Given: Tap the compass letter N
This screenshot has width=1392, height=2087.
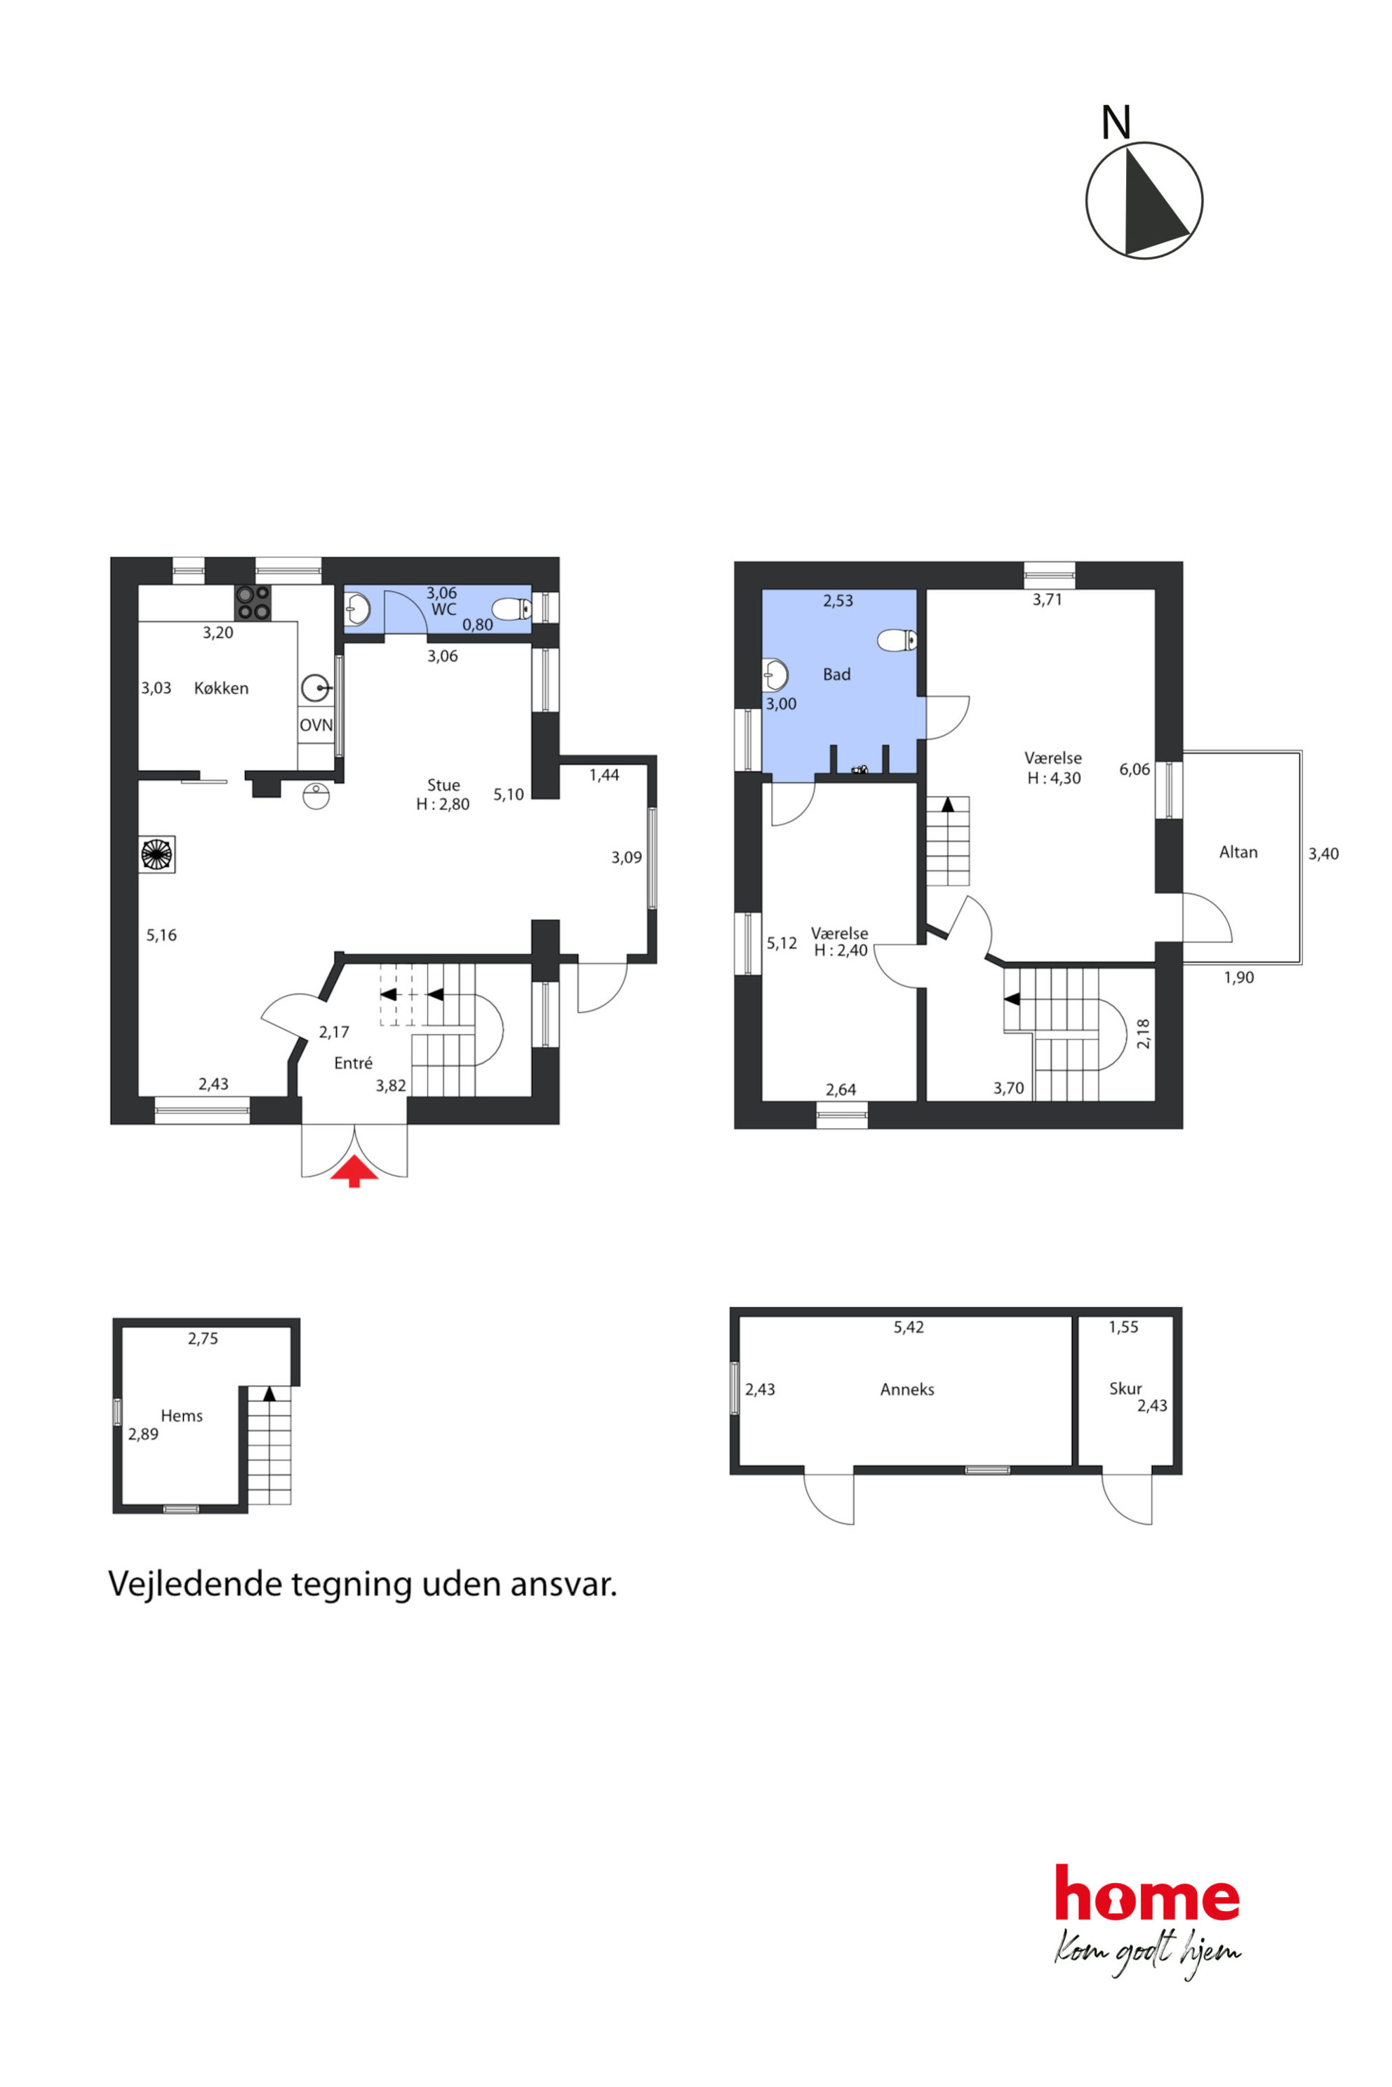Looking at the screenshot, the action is coord(1116,123).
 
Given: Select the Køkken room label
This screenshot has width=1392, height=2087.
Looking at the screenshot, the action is coord(221,689).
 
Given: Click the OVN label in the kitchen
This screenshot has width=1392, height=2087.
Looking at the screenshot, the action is coord(316,725).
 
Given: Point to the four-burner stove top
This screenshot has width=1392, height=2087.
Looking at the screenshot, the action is coord(253,602).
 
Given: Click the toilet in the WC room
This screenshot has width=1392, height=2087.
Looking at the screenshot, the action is coord(512,609).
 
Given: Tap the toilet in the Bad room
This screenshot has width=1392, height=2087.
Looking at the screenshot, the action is coord(897,640).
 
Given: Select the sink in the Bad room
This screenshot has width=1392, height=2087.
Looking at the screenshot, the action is coord(775,675).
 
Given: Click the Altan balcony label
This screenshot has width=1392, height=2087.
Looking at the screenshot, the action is coord(1238,852).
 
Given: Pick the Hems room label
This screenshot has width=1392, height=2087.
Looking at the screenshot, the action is coord(182,1416).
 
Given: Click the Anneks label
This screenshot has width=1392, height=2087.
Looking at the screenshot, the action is coord(907,1389).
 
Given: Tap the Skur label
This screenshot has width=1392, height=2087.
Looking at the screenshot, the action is coord(1125,1389).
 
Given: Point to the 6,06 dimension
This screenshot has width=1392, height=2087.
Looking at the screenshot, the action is coord(1135,769).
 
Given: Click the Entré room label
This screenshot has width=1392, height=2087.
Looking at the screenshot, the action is coord(354,1063).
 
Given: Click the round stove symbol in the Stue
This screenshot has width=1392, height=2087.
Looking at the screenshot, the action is coord(157,854).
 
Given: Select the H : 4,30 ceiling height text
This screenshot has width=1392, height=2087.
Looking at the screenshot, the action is coord(1055,778).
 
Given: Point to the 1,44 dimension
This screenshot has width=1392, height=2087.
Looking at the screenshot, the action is coord(605,775).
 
